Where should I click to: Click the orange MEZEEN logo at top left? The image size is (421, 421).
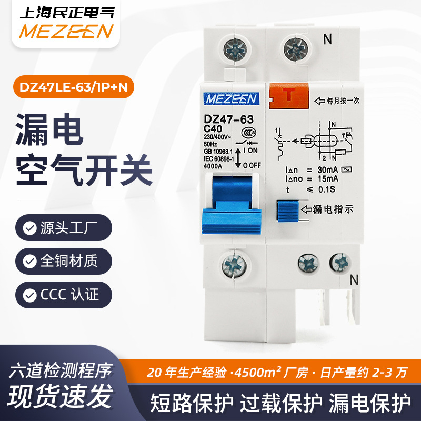coord(66,31)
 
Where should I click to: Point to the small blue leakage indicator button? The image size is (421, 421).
coord(287,209)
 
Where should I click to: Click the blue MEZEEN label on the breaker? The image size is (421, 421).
coord(232,99)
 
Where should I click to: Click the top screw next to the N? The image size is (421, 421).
coord(294,51)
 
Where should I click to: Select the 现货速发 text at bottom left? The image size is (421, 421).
coord(61,394)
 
